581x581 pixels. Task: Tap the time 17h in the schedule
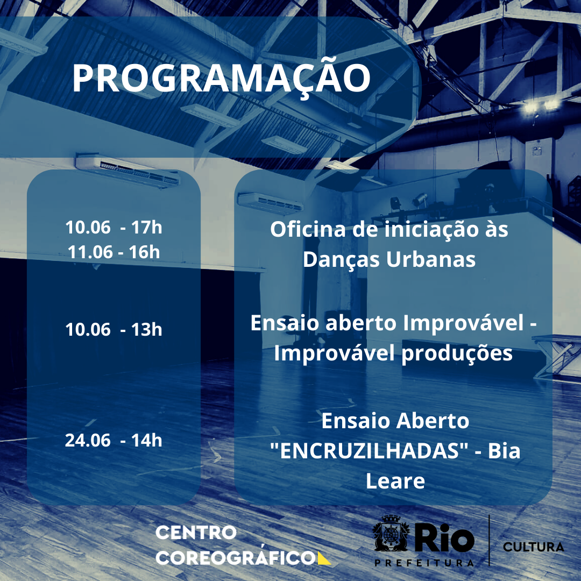click(147, 227)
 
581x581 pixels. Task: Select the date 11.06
click(90, 252)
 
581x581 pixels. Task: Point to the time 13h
click(147, 329)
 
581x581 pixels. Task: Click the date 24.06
click(88, 440)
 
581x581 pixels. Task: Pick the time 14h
click(147, 440)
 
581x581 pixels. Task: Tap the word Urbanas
click(431, 259)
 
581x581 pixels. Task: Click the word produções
click(457, 354)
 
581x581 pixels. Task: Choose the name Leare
click(395, 481)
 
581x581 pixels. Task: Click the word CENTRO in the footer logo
click(196, 533)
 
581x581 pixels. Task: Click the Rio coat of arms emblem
click(391, 533)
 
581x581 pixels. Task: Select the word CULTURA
click(534, 547)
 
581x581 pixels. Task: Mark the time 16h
click(144, 252)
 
